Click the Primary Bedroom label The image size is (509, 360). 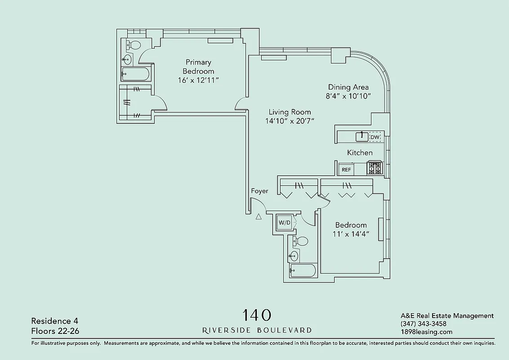click(198, 67)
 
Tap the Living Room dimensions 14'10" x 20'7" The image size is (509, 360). click(290, 121)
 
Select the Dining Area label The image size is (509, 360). click(348, 87)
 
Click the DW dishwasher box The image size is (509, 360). click(375, 137)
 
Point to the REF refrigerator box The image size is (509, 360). click(346, 170)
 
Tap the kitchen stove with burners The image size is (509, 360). click(375, 168)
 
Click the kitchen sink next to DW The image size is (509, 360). click(362, 136)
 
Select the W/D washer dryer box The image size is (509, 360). click(284, 222)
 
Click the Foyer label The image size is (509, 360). click(259, 191)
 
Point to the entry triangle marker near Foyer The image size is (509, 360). click(259, 217)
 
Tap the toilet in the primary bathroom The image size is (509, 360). click(133, 45)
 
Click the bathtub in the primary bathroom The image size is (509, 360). click(137, 74)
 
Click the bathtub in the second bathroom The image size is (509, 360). click(303, 270)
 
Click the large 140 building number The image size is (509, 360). click(257, 315)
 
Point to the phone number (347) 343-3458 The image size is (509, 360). click(423, 324)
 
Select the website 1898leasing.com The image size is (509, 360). click(426, 332)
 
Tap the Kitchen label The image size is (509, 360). click(360, 153)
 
